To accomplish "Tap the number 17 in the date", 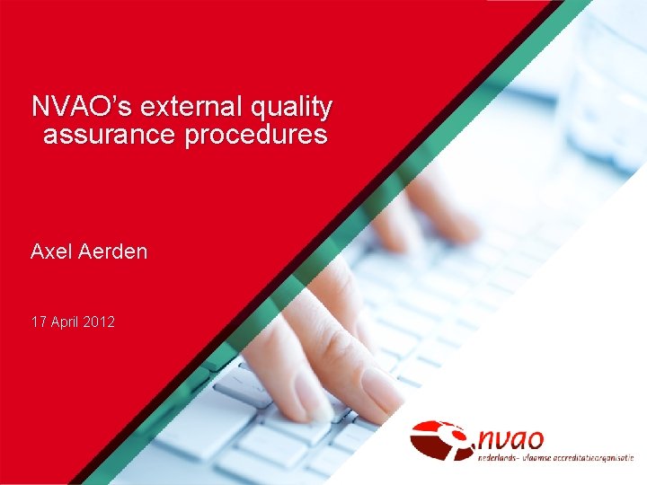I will (x=39, y=321).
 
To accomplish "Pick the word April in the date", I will (x=66, y=321).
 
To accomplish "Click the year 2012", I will (x=99, y=321).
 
